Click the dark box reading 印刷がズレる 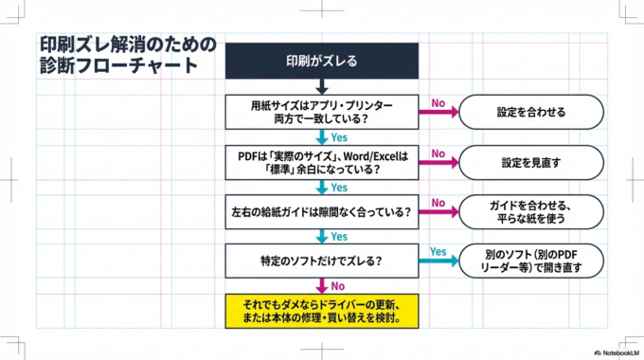click(x=321, y=62)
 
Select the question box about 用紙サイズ click(x=321, y=112)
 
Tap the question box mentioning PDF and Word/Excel click(x=321, y=162)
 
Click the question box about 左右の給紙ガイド click(x=321, y=211)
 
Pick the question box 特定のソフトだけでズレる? click(x=321, y=261)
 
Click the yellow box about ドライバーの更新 click(x=321, y=311)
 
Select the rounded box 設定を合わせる click(x=530, y=112)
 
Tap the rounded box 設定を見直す click(x=530, y=162)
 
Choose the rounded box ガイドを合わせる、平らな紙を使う click(x=530, y=211)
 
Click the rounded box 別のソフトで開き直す click(x=530, y=261)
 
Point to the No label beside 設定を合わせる click(x=438, y=102)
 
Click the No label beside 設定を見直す click(x=438, y=153)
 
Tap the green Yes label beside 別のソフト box click(x=438, y=251)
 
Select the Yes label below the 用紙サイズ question click(x=339, y=137)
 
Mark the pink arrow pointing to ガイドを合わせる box click(x=438, y=212)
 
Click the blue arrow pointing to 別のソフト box click(x=438, y=261)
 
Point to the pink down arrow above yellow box click(x=322, y=285)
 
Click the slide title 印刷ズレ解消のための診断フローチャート click(x=128, y=55)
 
